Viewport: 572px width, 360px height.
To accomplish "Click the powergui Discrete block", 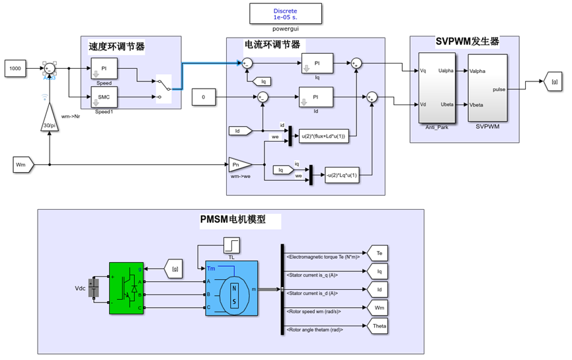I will point(285,15).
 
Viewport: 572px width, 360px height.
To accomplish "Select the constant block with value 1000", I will point(17,67).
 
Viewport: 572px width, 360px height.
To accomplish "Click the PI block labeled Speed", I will point(104,68).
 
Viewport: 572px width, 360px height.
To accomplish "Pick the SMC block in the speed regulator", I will point(104,97).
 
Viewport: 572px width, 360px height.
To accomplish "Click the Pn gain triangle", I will point(239,164).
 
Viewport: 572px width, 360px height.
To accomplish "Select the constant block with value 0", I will point(204,97).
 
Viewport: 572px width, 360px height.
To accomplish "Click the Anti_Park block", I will point(436,88).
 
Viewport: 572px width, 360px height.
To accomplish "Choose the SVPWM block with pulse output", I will point(489,88).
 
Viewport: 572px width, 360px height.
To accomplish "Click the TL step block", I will point(231,247).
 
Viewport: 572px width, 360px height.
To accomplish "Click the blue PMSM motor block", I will point(231,289).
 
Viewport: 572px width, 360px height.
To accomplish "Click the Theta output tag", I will point(379,326).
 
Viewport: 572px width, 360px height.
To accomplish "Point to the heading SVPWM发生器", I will point(467,42).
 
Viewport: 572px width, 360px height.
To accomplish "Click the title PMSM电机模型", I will point(232,219).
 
